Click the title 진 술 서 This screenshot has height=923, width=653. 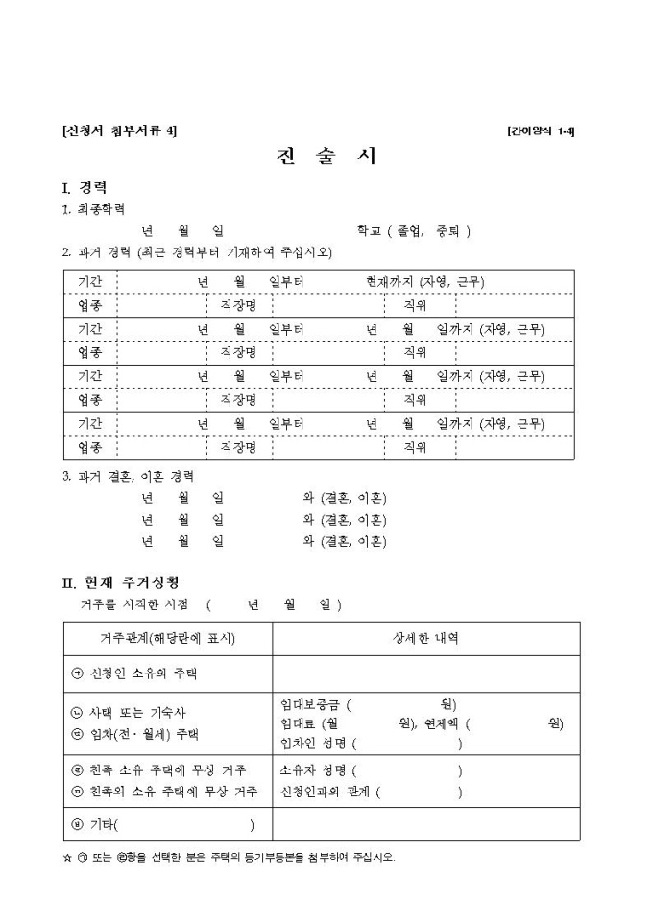[326, 156]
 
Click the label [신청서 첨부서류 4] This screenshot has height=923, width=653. [119, 130]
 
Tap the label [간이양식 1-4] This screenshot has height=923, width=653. [541, 130]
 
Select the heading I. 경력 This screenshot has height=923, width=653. [85, 187]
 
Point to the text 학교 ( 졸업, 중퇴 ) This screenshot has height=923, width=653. [413, 231]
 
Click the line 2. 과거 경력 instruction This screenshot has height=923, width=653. [197, 253]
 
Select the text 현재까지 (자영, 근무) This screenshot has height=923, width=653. [424, 282]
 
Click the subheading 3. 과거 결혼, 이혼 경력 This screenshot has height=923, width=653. [129, 476]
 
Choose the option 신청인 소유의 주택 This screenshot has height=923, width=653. [142, 674]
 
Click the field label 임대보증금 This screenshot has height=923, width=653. [312, 705]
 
